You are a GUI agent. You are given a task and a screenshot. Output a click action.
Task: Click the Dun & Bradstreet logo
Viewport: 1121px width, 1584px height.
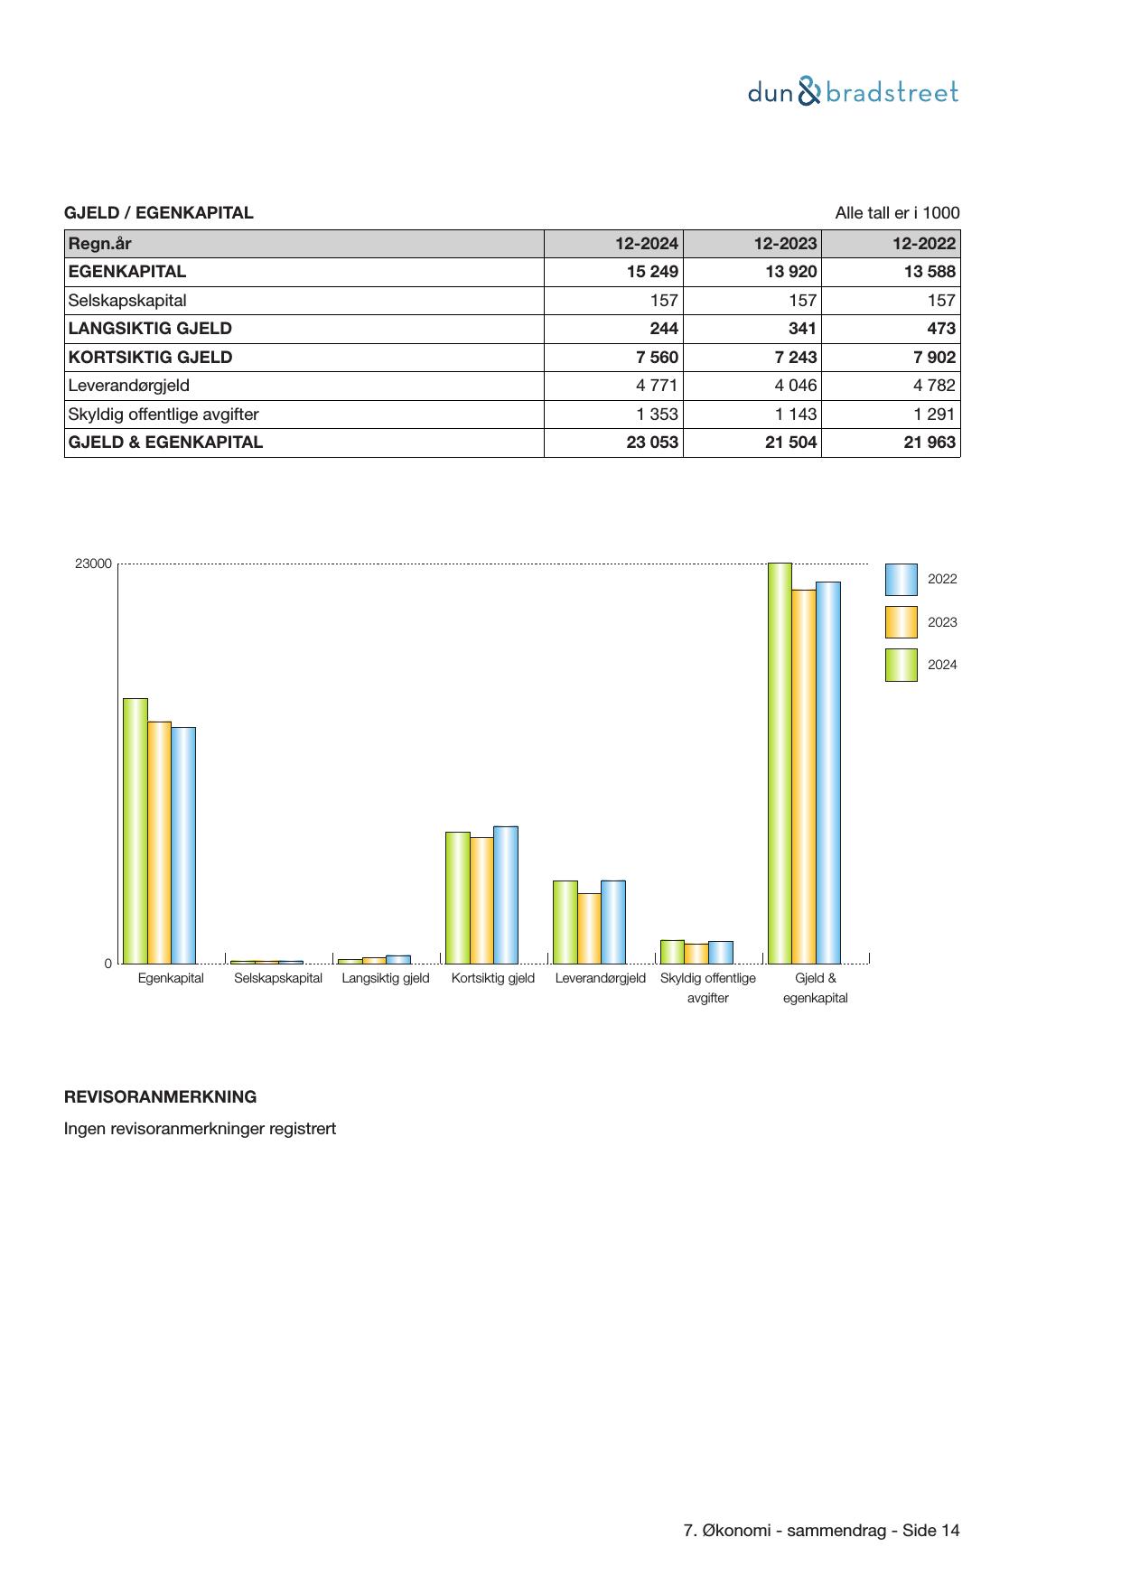(853, 92)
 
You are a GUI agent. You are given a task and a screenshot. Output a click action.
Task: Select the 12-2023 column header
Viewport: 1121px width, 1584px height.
(785, 244)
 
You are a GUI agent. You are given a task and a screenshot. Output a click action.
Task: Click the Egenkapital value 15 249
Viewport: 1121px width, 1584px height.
(652, 272)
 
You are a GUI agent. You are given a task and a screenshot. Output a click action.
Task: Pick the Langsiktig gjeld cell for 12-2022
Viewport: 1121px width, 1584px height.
(939, 329)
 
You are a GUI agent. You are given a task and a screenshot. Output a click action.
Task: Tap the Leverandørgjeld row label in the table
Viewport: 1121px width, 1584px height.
(129, 386)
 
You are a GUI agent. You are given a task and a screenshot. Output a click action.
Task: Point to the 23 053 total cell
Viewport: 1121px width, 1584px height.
(652, 443)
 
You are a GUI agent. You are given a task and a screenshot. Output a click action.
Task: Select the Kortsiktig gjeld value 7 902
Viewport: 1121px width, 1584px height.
(934, 358)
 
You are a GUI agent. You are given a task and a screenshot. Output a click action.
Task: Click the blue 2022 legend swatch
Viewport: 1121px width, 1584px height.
(901, 580)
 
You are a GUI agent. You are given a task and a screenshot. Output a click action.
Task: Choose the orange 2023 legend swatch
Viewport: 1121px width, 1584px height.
(901, 622)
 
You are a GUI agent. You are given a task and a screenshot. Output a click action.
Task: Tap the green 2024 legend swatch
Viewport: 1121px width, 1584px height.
(901, 665)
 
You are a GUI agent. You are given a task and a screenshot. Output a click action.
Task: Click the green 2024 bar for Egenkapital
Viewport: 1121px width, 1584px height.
(135, 831)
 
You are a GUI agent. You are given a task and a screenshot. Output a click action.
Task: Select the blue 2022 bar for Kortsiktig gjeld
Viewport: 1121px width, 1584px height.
(506, 895)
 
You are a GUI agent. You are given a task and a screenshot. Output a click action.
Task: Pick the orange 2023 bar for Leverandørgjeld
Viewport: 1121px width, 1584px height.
(589, 928)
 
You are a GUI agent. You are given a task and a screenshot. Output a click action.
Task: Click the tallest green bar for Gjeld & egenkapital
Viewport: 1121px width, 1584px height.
(780, 763)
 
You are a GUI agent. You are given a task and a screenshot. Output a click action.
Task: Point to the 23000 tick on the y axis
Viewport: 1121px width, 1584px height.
(93, 564)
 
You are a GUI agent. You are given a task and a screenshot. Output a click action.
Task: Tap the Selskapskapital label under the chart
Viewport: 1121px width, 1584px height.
(277, 978)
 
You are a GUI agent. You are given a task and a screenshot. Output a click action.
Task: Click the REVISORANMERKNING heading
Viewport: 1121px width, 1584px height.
(160, 1097)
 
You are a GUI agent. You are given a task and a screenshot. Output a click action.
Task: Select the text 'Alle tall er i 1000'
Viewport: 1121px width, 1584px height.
(897, 213)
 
